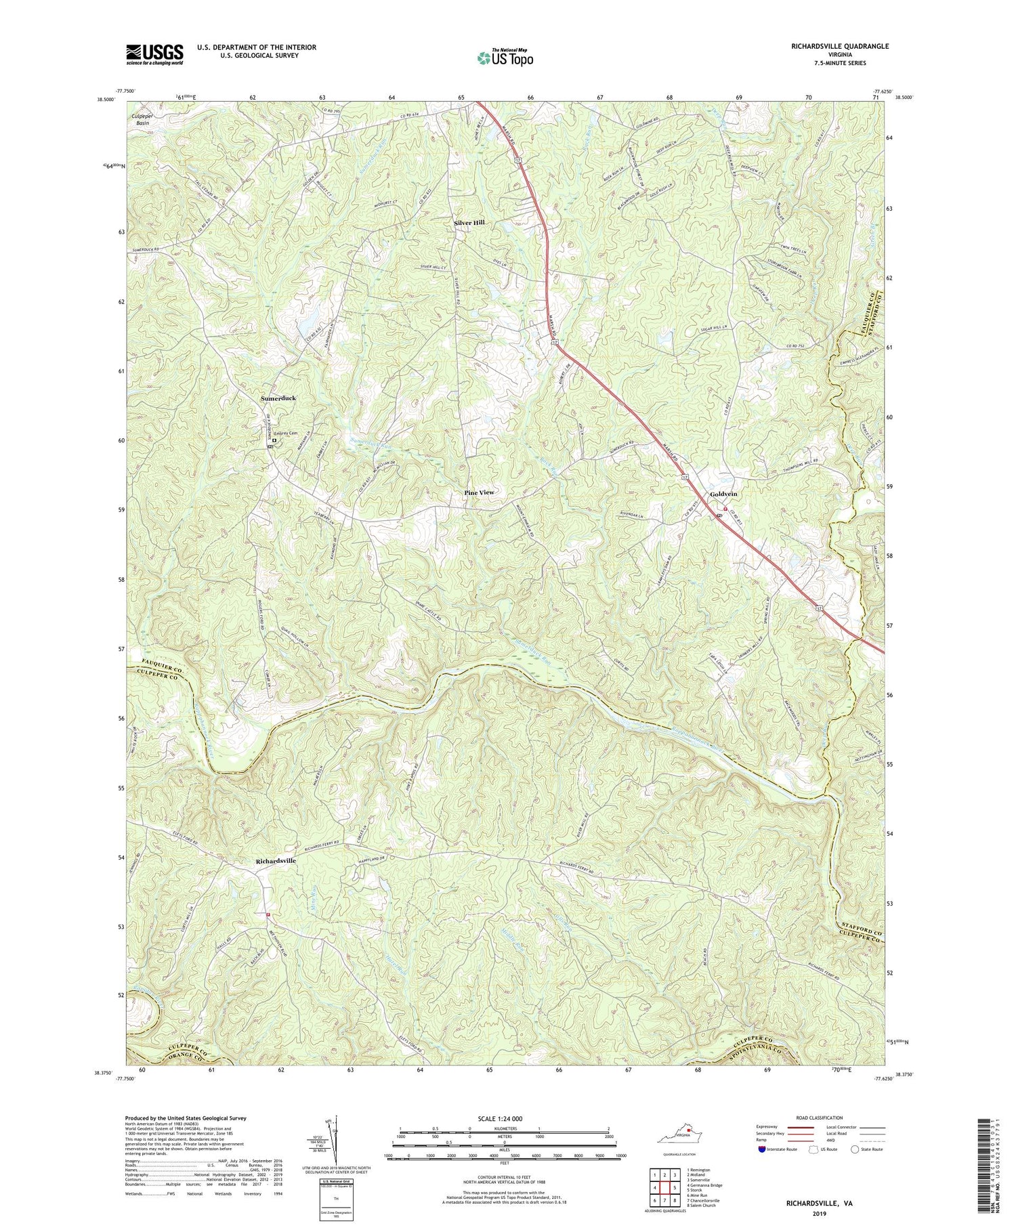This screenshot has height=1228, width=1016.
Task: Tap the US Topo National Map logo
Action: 505,58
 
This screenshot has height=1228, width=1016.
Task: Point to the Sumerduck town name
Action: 278,399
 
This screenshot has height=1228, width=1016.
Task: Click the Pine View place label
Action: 479,492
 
